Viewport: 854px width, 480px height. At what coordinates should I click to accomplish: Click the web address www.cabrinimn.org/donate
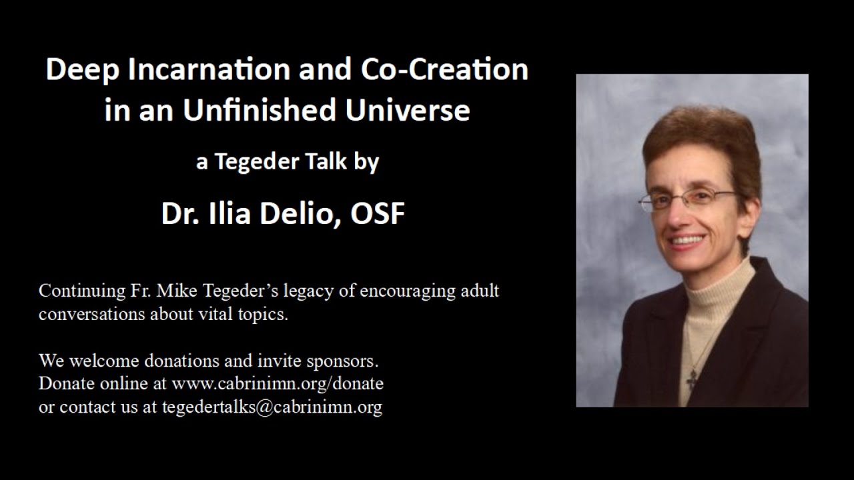point(277,384)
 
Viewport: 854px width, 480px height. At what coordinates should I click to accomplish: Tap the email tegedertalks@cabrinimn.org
point(272,407)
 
